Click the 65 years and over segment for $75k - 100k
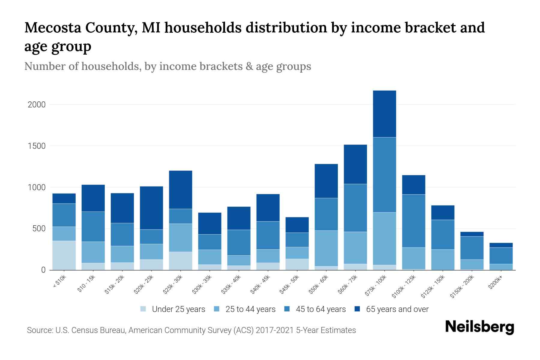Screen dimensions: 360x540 click(x=384, y=114)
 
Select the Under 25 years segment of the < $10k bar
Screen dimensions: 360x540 click(x=64, y=255)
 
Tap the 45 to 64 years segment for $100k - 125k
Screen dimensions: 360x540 click(x=413, y=221)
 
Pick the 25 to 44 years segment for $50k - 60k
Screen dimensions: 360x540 click(x=326, y=248)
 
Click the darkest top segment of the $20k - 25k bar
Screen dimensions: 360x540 click(x=151, y=208)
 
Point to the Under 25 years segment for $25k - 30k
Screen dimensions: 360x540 click(x=180, y=261)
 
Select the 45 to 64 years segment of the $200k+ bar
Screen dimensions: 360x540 click(x=501, y=256)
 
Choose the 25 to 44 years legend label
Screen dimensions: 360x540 click(x=250, y=309)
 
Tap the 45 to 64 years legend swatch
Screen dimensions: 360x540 click(x=287, y=309)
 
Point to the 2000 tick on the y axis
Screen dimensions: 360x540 click(x=36, y=105)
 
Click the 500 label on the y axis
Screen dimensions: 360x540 click(x=39, y=229)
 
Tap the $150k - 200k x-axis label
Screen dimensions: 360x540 click(x=462, y=286)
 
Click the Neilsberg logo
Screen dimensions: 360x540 click(x=479, y=327)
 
